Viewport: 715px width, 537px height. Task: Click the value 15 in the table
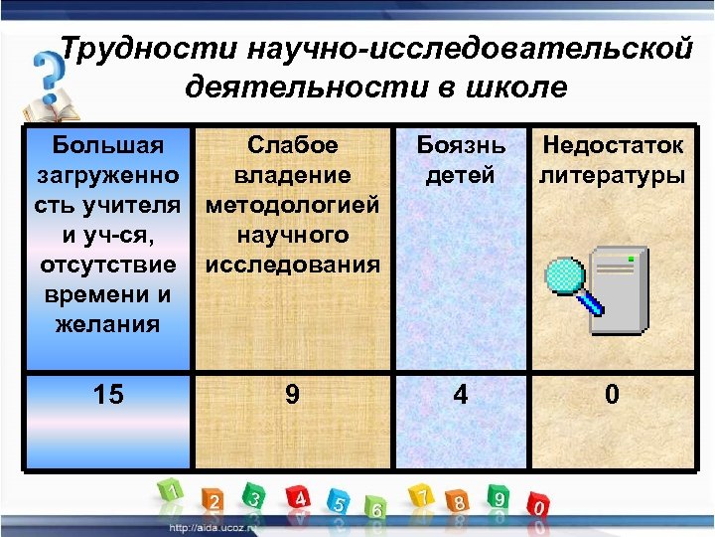108,395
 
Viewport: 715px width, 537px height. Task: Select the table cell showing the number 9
291,395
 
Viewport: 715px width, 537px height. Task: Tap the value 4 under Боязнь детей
460,395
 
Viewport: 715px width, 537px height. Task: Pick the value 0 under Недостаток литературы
612,395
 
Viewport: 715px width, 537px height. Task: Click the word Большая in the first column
108,146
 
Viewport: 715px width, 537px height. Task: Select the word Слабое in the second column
292,146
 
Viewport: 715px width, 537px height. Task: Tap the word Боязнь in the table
460,146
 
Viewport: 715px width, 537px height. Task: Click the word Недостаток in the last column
612,146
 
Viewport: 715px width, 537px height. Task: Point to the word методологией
292,206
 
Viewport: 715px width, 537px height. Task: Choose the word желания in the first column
108,324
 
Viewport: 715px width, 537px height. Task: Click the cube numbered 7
422,495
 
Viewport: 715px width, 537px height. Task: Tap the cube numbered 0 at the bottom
537,505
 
